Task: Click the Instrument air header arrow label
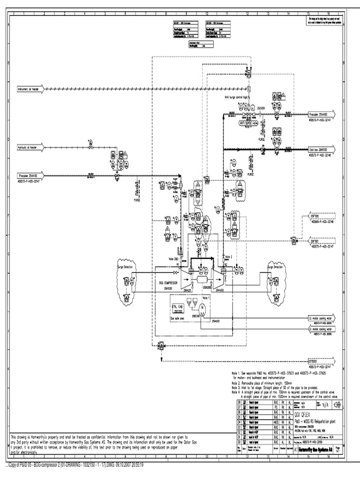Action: [x=31, y=88]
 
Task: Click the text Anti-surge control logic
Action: [x=240, y=97]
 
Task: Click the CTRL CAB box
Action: [x=177, y=308]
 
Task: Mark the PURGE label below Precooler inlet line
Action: [x=137, y=199]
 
